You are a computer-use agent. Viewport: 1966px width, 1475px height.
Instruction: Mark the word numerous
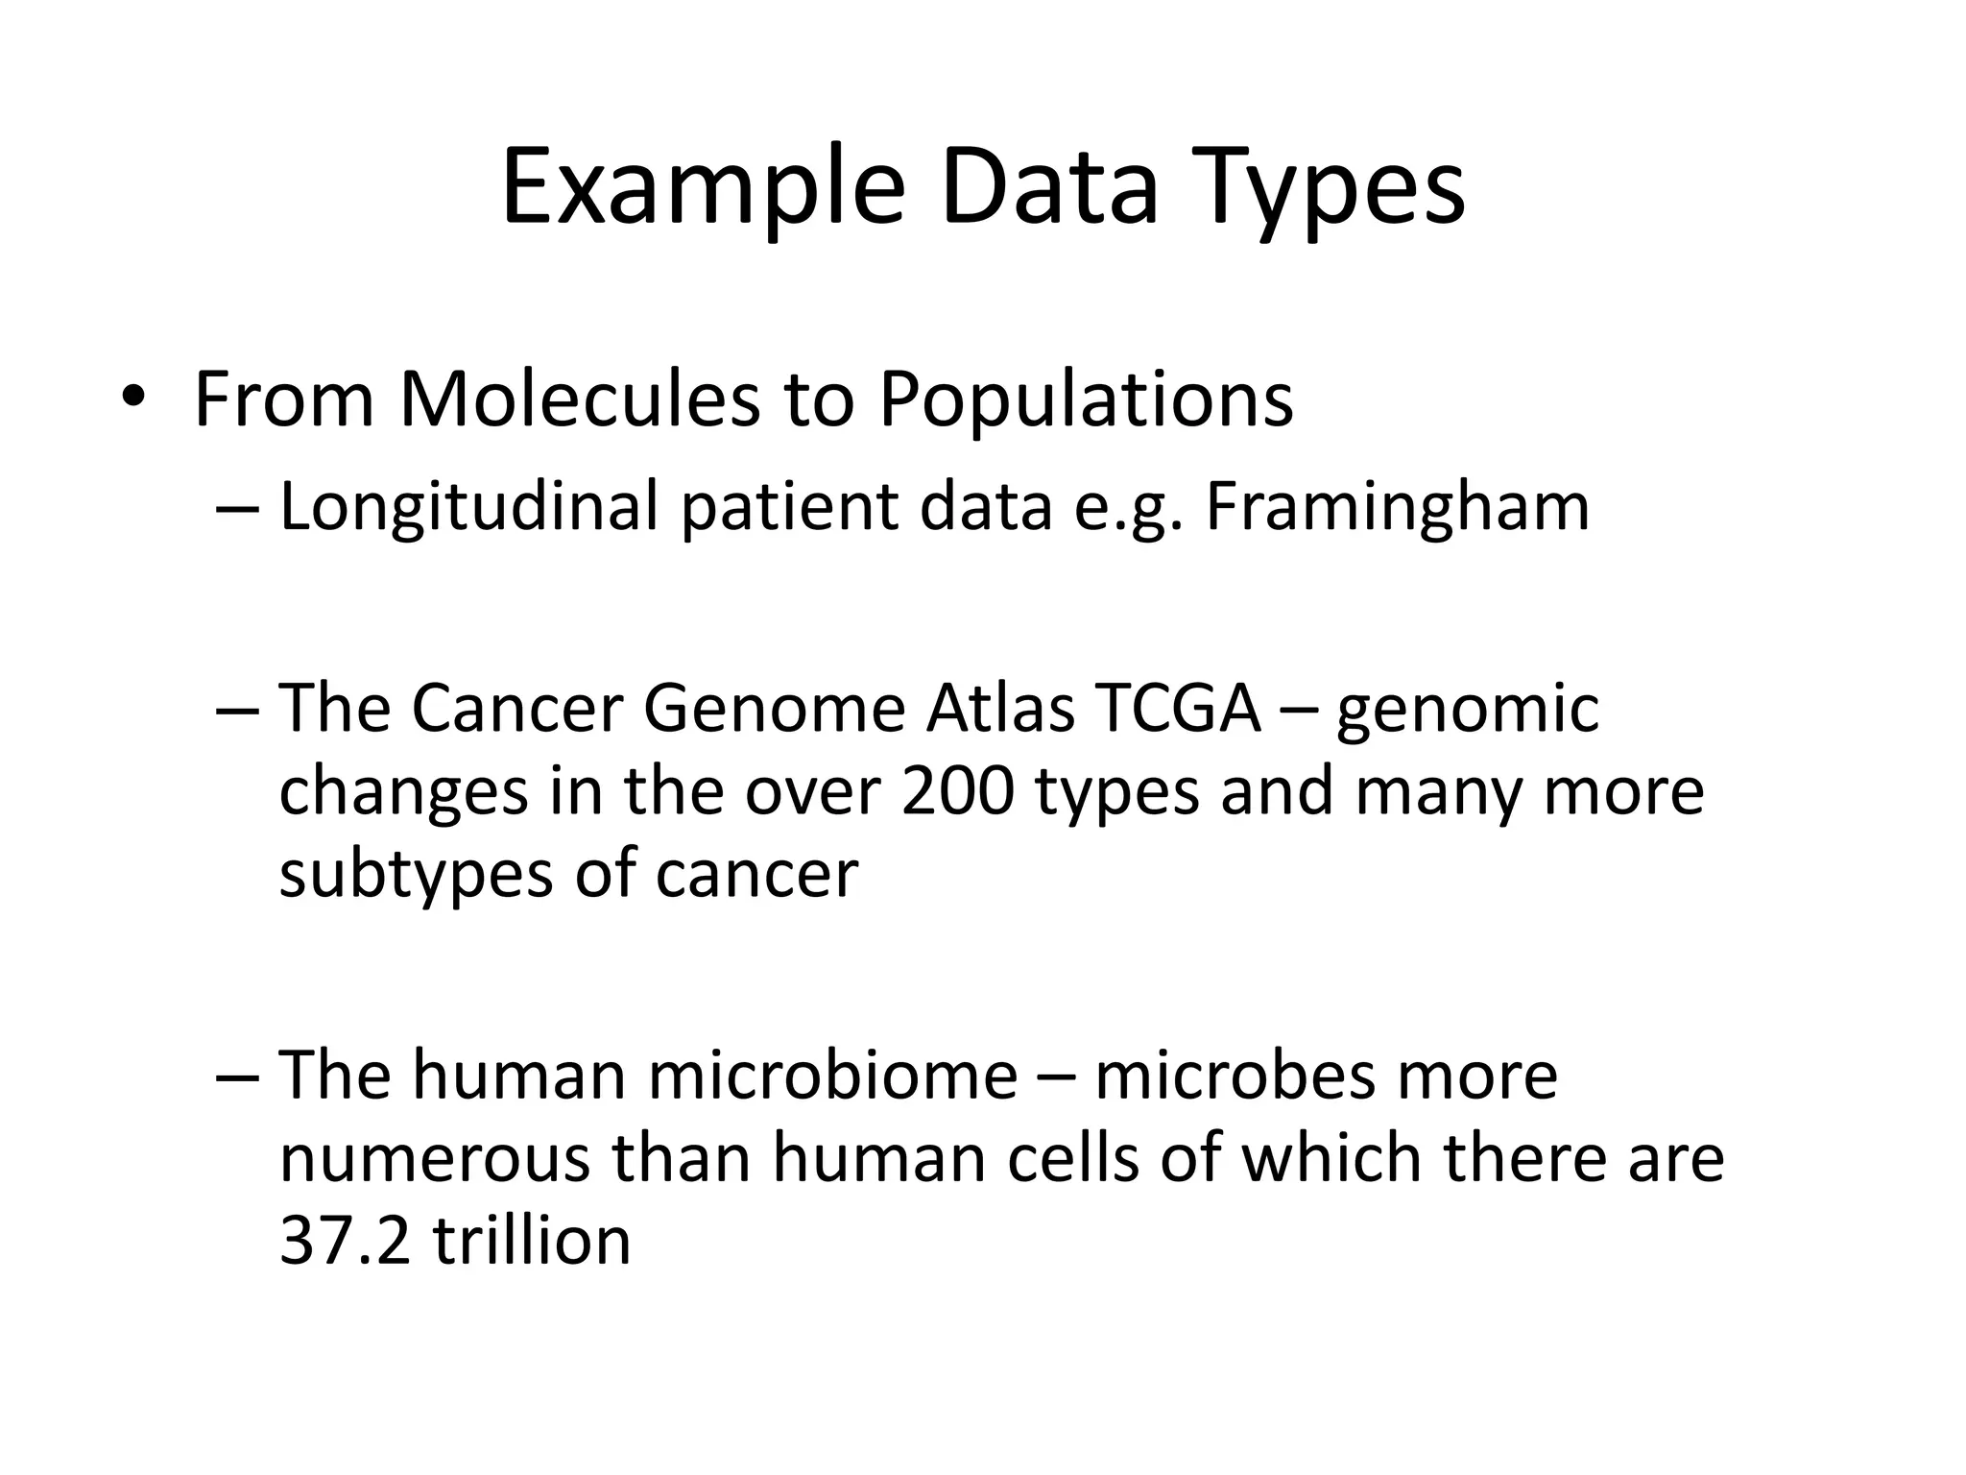coord(434,1158)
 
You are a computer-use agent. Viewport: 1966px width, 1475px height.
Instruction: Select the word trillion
coord(532,1241)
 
